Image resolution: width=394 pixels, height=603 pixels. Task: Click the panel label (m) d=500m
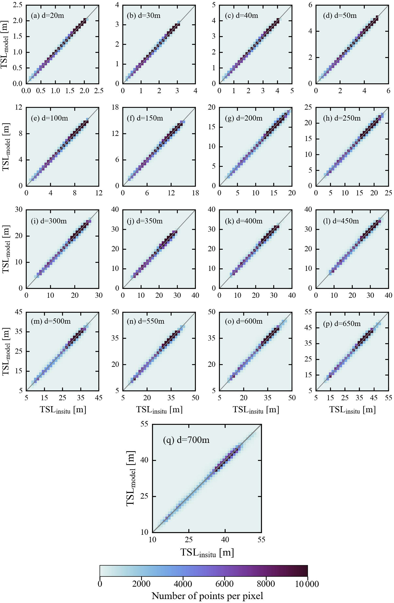(x=51, y=321)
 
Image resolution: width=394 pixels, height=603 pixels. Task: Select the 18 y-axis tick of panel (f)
(x=115, y=107)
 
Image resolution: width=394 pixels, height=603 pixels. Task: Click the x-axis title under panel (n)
(x=159, y=410)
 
